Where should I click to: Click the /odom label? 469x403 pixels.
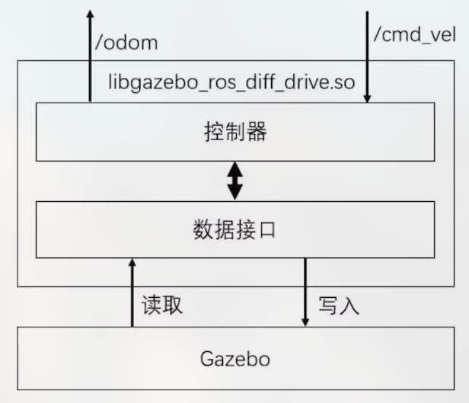[126, 42]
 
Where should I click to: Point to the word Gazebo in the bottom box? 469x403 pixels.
[235, 358]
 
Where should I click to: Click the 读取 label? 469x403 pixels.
[162, 306]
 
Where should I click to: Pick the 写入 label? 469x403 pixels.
[338, 306]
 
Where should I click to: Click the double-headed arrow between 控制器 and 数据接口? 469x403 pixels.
[235, 181]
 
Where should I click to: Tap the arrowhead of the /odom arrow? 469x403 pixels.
[90, 14]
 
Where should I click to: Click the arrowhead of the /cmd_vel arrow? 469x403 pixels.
[367, 98]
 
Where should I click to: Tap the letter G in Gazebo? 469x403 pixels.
[209, 358]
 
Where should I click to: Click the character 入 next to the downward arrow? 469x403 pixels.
[349, 306]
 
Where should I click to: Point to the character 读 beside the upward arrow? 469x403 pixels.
[152, 306]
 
